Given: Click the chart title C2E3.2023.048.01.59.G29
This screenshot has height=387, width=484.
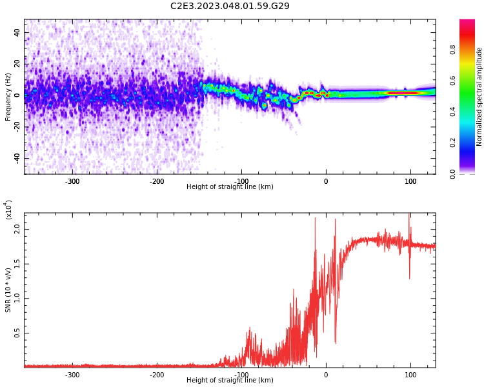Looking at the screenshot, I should click(x=230, y=6).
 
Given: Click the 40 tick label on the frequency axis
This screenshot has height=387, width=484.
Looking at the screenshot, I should click(x=17, y=32).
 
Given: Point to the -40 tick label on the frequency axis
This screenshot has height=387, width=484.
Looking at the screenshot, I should click(x=16, y=158).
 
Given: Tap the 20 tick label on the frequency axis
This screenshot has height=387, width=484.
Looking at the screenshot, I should click(x=17, y=63).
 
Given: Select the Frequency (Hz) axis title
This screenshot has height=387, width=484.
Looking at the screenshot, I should click(x=8, y=97).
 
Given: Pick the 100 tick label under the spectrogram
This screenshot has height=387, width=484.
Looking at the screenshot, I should click(x=410, y=181).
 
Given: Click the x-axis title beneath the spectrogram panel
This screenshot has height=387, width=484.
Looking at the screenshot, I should click(x=230, y=187).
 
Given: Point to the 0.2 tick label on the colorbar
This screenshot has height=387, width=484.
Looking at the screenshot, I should click(x=452, y=143).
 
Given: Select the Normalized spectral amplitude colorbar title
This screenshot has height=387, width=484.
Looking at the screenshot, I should click(x=479, y=97).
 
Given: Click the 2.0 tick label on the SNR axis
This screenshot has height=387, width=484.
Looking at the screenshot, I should click(x=17, y=229).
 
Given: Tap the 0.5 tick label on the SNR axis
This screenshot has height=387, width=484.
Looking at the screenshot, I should click(x=17, y=333).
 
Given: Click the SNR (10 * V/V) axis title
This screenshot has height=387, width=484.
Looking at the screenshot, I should click(x=8, y=290).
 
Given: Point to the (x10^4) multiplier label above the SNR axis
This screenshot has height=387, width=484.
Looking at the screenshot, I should click(x=8, y=210).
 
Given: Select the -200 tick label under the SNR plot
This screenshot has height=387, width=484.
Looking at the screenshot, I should click(x=156, y=375).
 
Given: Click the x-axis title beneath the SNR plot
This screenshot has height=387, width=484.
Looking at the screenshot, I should click(x=230, y=381).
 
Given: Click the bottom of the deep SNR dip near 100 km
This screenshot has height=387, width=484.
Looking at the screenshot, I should click(x=409, y=279).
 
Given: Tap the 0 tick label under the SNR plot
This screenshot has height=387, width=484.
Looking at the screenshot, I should click(x=326, y=375).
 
